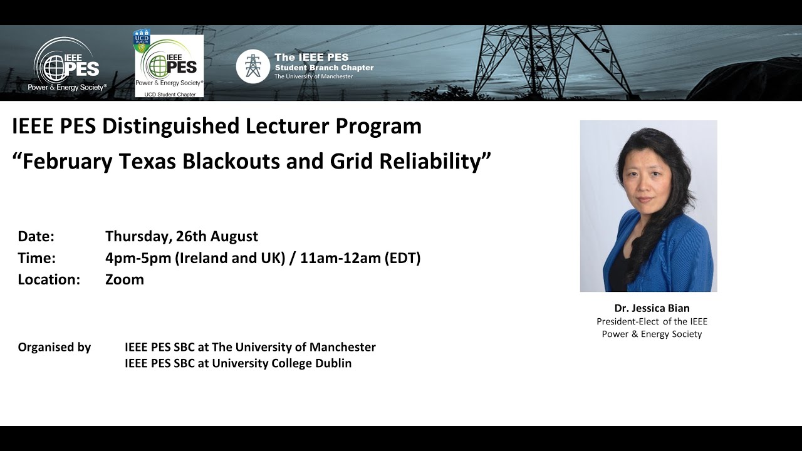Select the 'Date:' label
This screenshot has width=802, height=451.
(36, 236)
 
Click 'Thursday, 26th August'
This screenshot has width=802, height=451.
(182, 236)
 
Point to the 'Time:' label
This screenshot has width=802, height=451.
(37, 257)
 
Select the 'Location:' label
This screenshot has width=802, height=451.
(49, 279)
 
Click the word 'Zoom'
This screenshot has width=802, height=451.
(125, 279)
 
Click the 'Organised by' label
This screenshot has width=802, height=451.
(55, 347)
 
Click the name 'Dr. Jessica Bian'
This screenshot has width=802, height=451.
(652, 308)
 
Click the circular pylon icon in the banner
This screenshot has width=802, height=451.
(253, 66)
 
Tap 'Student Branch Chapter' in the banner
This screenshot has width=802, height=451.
(324, 68)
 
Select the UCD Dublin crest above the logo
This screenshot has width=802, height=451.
(142, 39)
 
